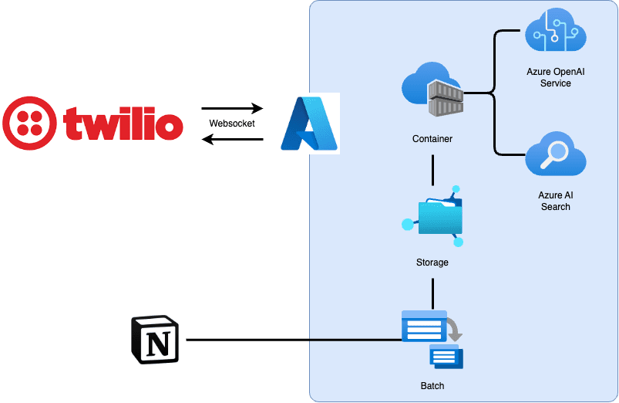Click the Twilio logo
point(93,124)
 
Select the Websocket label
point(232,124)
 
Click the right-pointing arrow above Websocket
point(232,109)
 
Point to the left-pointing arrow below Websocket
point(232,139)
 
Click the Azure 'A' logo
point(309,124)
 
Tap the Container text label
point(432,139)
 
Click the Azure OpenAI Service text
point(556,77)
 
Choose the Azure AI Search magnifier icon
point(556,154)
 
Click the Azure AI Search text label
point(556,201)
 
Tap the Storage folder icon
point(436,216)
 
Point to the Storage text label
point(432,262)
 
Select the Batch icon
point(432,337)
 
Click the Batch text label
point(432,386)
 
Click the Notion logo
point(155,339)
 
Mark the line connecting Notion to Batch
point(293,340)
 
